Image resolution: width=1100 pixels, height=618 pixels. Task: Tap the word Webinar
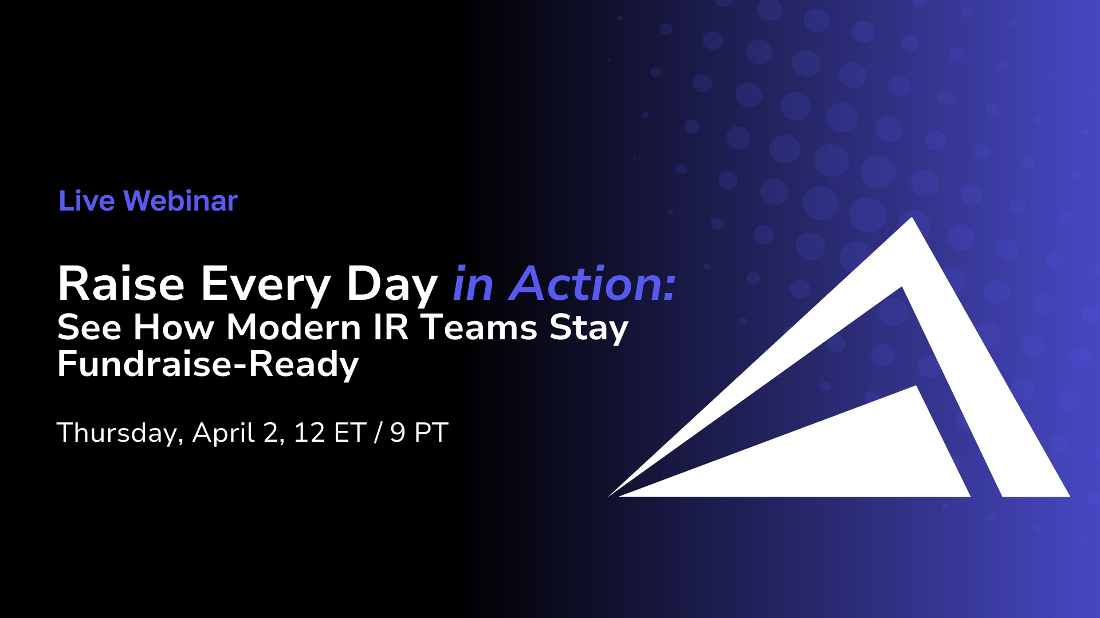coord(180,201)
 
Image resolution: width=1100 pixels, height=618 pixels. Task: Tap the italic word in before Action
coord(473,285)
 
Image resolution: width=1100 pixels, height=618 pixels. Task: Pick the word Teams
coord(479,327)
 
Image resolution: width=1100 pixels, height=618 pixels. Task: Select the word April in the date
coord(224,433)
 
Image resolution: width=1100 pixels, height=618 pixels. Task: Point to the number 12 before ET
coord(309,433)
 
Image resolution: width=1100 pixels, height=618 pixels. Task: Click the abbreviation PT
coord(431,433)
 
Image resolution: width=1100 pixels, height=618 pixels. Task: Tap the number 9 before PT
coord(398,433)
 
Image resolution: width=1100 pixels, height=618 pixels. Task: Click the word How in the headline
coord(174,327)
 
